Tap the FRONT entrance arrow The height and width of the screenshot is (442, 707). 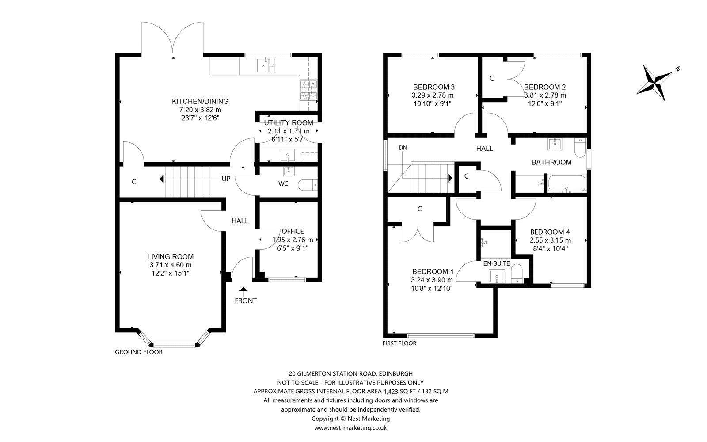[x=243, y=290]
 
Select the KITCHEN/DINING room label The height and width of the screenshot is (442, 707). [x=200, y=101]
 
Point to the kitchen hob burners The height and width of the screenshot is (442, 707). [x=309, y=90]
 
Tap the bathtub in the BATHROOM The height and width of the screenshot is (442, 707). [x=566, y=183]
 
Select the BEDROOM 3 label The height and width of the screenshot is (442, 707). [x=433, y=87]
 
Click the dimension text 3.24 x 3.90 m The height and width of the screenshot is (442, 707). [x=432, y=280]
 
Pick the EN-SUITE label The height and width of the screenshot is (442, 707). [x=497, y=263]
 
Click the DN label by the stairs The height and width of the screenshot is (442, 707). [x=403, y=148]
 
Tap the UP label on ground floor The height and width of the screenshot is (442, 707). [x=226, y=179]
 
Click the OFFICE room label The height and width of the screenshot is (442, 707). [x=293, y=231]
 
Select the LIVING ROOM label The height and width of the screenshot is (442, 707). [x=171, y=256]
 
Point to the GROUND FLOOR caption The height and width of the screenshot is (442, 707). [x=139, y=352]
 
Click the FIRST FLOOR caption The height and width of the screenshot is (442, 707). [x=399, y=343]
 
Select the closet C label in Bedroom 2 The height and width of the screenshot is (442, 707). [x=491, y=78]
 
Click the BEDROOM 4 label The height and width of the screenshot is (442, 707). [x=550, y=232]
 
